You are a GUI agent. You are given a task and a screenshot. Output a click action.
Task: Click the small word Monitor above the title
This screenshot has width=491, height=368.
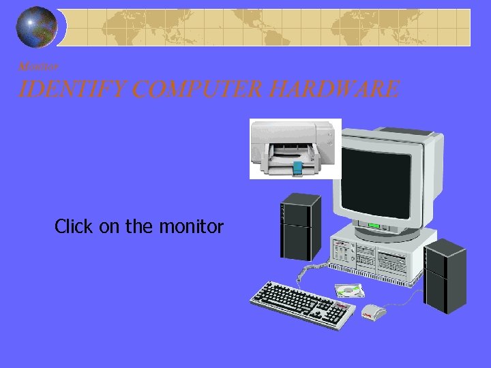point(39,67)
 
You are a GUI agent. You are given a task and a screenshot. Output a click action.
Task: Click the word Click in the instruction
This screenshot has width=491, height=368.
point(75,226)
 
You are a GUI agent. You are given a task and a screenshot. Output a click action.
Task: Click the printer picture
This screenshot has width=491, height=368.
point(295,149)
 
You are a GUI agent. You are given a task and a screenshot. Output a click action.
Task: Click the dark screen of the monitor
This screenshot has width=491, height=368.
point(376,180)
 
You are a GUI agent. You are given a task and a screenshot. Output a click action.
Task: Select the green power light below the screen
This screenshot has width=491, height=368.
point(374,226)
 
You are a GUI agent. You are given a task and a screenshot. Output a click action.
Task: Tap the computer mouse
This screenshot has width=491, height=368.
point(374,312)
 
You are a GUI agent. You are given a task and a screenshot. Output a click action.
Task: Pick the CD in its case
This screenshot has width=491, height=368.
point(349,291)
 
